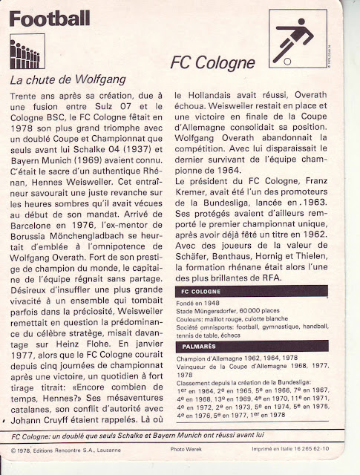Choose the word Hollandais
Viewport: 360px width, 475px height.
216,96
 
